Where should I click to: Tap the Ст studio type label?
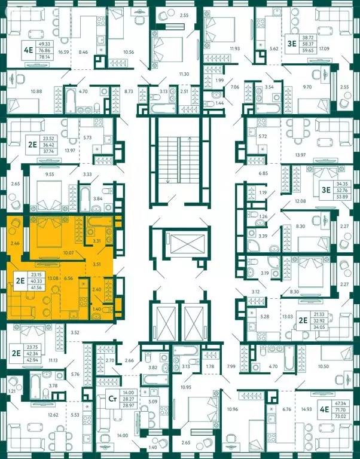[x=111, y=397]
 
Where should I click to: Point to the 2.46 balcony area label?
[x=15, y=244]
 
